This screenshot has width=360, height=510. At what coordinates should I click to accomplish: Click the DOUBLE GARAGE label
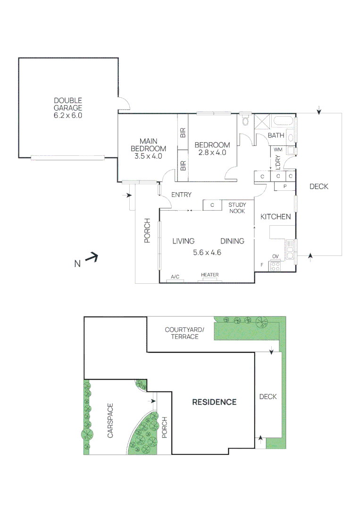[68, 108]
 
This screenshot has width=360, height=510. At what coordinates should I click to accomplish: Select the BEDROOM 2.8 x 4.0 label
[212, 148]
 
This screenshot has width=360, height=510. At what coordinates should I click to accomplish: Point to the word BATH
[276, 136]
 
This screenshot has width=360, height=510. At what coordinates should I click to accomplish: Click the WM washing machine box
[278, 150]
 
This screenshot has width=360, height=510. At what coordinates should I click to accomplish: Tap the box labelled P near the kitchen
[285, 186]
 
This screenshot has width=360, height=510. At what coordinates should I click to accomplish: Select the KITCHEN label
[276, 216]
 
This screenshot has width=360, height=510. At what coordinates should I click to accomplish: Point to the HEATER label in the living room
[209, 275]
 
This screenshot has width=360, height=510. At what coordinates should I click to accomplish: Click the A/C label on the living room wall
[176, 276]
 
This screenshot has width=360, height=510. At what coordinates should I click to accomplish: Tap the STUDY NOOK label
[237, 208]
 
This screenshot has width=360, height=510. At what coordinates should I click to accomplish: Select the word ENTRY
[181, 195]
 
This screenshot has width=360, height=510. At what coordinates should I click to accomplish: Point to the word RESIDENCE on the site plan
[214, 402]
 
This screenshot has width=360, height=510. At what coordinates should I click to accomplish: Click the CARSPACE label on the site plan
[110, 420]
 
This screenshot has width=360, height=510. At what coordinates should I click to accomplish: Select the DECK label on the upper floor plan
[318, 187]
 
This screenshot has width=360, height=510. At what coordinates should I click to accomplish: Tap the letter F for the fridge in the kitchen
[262, 265]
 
